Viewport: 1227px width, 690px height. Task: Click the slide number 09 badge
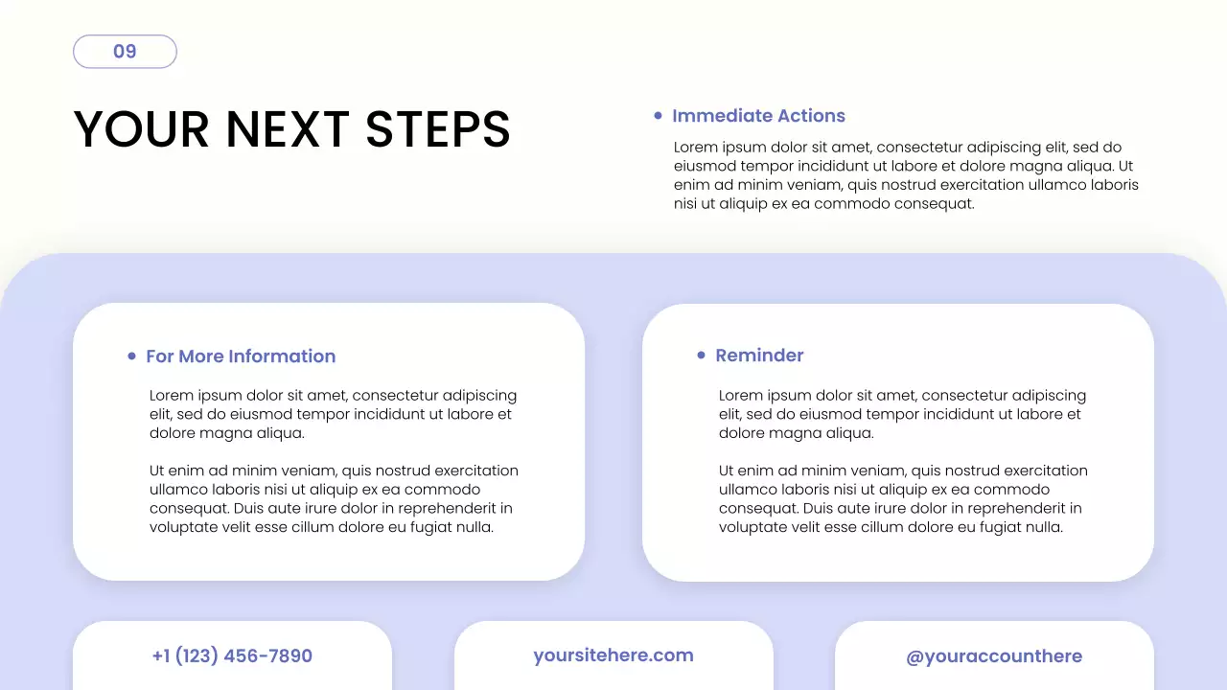125,52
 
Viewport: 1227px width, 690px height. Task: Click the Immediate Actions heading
758,116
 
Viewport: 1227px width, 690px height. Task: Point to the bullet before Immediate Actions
658,116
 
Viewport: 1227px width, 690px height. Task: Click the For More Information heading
241,356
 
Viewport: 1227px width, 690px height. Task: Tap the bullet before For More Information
132,356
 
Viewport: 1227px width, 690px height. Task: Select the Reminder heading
759,356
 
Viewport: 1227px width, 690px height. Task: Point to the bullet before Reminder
701,356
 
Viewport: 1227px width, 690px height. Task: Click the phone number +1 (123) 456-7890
232,656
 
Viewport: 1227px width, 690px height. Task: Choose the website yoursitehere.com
613,655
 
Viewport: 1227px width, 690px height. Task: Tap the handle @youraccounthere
994,656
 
